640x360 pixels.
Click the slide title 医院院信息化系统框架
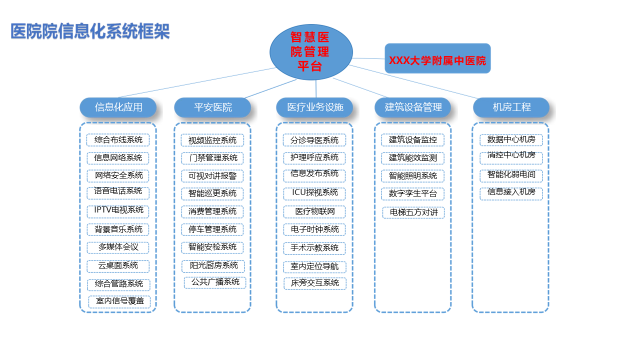click(90, 31)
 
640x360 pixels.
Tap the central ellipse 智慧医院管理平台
click(310, 51)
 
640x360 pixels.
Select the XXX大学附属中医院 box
click(437, 58)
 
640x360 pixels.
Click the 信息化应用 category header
click(118, 107)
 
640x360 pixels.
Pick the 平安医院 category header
click(213, 107)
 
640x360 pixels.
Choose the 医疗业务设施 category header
click(315, 107)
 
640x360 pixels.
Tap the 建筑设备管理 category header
click(413, 107)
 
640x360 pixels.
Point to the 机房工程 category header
click(511, 107)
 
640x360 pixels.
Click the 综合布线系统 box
click(118, 140)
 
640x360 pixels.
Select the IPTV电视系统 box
click(118, 210)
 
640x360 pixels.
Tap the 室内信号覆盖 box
click(119, 301)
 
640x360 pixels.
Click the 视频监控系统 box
click(212, 140)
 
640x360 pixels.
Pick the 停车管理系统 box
click(212, 229)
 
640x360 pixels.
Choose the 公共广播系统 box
click(215, 282)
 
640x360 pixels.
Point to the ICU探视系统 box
click(315, 192)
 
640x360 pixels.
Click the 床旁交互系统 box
click(315, 283)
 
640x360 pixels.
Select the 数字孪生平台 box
click(413, 193)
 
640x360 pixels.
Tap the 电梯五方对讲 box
click(413, 212)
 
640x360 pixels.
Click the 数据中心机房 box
click(511, 139)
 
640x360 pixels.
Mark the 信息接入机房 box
click(511, 192)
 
